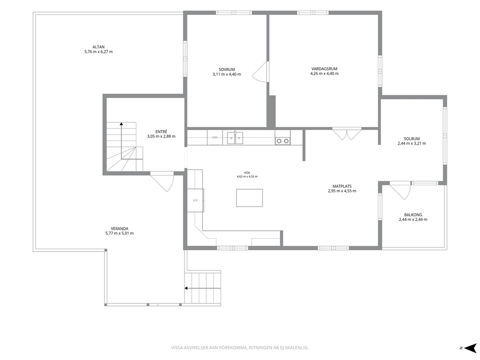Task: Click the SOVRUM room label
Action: [x=226, y=70]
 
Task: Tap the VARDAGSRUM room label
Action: [x=324, y=69]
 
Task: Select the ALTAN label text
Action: [x=99, y=47]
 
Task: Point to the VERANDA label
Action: [x=120, y=229]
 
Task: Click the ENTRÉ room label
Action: [x=161, y=132]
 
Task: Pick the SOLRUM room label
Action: [x=412, y=139]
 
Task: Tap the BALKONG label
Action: [x=413, y=215]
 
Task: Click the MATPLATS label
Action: [x=342, y=186]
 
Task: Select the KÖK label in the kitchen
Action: [x=247, y=173]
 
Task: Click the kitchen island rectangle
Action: [x=249, y=198]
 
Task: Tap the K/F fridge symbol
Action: [x=195, y=200]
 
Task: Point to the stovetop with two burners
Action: [x=283, y=141]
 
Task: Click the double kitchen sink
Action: [x=235, y=138]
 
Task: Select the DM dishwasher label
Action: [x=215, y=137]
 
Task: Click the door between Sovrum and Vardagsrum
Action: [x=260, y=72]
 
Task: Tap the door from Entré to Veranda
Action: [x=162, y=181]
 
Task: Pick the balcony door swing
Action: [x=400, y=191]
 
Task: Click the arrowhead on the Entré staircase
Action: [x=121, y=124]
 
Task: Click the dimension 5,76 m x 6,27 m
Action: [x=99, y=52]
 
